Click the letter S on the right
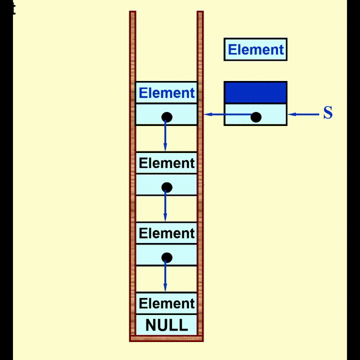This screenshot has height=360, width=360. point(328,113)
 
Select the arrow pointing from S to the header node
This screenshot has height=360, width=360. point(304,114)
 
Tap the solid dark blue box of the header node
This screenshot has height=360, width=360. point(255,92)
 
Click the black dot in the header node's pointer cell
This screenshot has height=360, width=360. point(256,117)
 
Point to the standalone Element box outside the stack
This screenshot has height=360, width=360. point(255,49)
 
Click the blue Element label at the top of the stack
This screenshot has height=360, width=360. point(166,93)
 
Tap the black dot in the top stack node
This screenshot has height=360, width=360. point(166,117)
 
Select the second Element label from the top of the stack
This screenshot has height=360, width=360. point(166,163)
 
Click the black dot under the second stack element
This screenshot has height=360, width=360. point(166,187)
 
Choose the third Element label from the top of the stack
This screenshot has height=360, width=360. point(166,233)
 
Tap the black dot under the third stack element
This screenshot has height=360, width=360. point(166,258)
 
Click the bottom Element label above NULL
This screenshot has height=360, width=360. point(166,304)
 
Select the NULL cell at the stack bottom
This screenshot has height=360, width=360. point(166,325)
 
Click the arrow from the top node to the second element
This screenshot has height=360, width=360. point(165,136)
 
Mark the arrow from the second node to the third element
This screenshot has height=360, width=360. point(165,206)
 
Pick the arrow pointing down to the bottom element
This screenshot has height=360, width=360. point(165,277)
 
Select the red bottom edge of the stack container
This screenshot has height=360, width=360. point(166,338)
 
